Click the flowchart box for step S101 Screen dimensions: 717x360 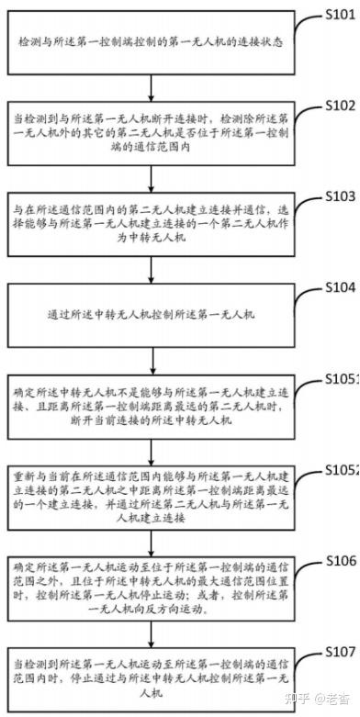coord(156,42)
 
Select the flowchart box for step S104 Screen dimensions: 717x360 coord(156,313)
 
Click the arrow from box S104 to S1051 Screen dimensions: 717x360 coord(156,359)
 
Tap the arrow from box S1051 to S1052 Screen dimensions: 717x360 coord(156,450)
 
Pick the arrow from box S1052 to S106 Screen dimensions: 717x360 coord(156,541)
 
